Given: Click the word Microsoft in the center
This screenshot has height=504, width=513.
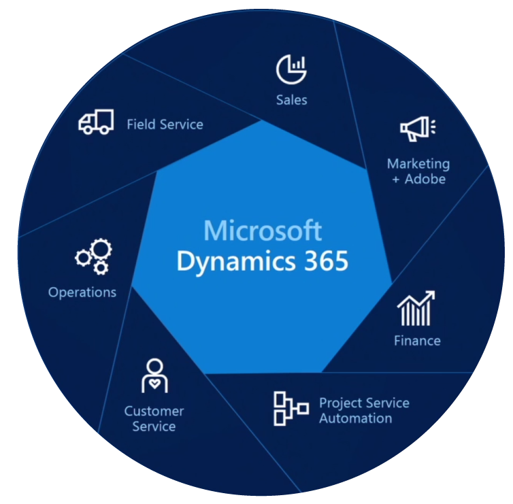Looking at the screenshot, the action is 263,231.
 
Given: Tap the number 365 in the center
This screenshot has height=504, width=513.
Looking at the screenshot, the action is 326,261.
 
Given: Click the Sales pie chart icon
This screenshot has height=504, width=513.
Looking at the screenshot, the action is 291,69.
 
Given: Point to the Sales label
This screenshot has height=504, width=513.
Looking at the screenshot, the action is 291,100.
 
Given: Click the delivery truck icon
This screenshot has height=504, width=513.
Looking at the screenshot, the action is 96,122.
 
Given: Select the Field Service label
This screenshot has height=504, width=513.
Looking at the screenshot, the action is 165,124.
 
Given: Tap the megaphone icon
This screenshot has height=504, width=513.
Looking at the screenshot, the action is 418,129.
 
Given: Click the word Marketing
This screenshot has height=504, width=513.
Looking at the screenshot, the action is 418,164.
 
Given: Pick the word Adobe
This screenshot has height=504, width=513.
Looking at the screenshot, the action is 425,180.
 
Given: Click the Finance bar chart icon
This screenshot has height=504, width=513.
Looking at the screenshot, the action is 416,308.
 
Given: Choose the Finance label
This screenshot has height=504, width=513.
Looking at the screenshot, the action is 417,341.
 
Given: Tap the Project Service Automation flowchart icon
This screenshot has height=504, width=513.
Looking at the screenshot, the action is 291,409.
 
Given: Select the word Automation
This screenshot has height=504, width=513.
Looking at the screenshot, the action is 356,418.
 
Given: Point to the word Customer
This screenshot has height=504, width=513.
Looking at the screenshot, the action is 154,411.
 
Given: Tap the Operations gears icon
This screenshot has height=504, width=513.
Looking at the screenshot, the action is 94,256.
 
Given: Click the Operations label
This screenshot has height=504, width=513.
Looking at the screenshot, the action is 82,292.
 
